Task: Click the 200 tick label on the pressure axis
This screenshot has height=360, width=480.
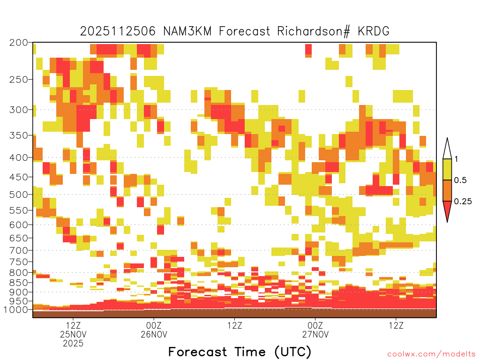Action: coord(18,43)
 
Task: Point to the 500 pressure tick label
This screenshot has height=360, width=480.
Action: coord(18,195)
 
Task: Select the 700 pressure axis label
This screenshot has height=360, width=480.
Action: coord(18,250)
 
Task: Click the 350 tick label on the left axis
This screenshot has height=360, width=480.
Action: coord(18,135)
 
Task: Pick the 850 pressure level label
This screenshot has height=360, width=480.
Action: coord(18,283)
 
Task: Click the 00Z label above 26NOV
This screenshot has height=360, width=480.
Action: coord(154,325)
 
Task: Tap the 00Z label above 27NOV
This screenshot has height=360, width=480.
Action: coord(315,325)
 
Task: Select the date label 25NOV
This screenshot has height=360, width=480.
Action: coord(73,334)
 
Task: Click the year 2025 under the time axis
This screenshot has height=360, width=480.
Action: coord(73,344)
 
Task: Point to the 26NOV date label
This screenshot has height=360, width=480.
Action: coord(154,334)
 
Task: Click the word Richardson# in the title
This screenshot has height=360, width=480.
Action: coord(313,31)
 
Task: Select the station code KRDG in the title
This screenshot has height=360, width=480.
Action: coord(374,31)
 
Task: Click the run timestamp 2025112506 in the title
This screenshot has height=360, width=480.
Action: coord(118,31)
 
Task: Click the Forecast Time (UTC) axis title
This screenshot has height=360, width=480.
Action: coord(240,352)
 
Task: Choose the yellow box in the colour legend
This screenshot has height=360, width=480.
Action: coord(447,169)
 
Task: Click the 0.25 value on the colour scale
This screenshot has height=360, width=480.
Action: coord(463,202)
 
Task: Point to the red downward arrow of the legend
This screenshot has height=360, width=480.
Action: coord(447,211)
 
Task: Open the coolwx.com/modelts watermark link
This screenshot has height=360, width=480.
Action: coord(432,354)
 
